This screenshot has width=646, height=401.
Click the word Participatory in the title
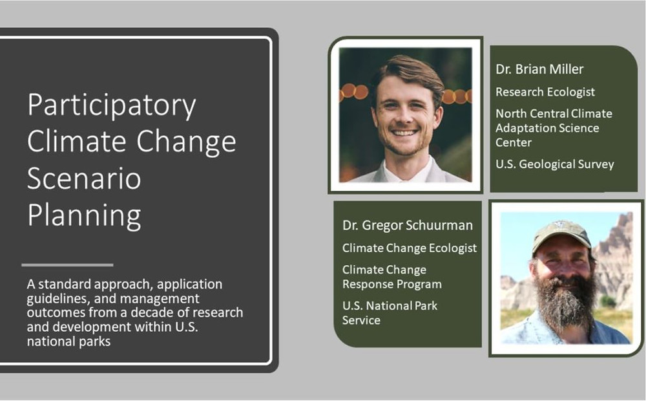112,106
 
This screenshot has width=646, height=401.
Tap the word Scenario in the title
84,179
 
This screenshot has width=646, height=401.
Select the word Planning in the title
84,216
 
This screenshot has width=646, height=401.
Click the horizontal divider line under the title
67,265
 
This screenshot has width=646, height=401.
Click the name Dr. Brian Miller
539,69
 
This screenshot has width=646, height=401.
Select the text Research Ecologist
545,92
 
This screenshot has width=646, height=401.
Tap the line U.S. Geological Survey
554,164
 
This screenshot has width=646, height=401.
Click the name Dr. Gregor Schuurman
408,225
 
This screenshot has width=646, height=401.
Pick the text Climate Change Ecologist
409,248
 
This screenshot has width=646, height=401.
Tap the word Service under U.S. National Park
361,320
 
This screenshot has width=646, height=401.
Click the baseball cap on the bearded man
561,235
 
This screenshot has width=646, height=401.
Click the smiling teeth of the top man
404,133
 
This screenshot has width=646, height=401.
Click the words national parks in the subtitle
69,341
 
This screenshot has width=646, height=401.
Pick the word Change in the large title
186,142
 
